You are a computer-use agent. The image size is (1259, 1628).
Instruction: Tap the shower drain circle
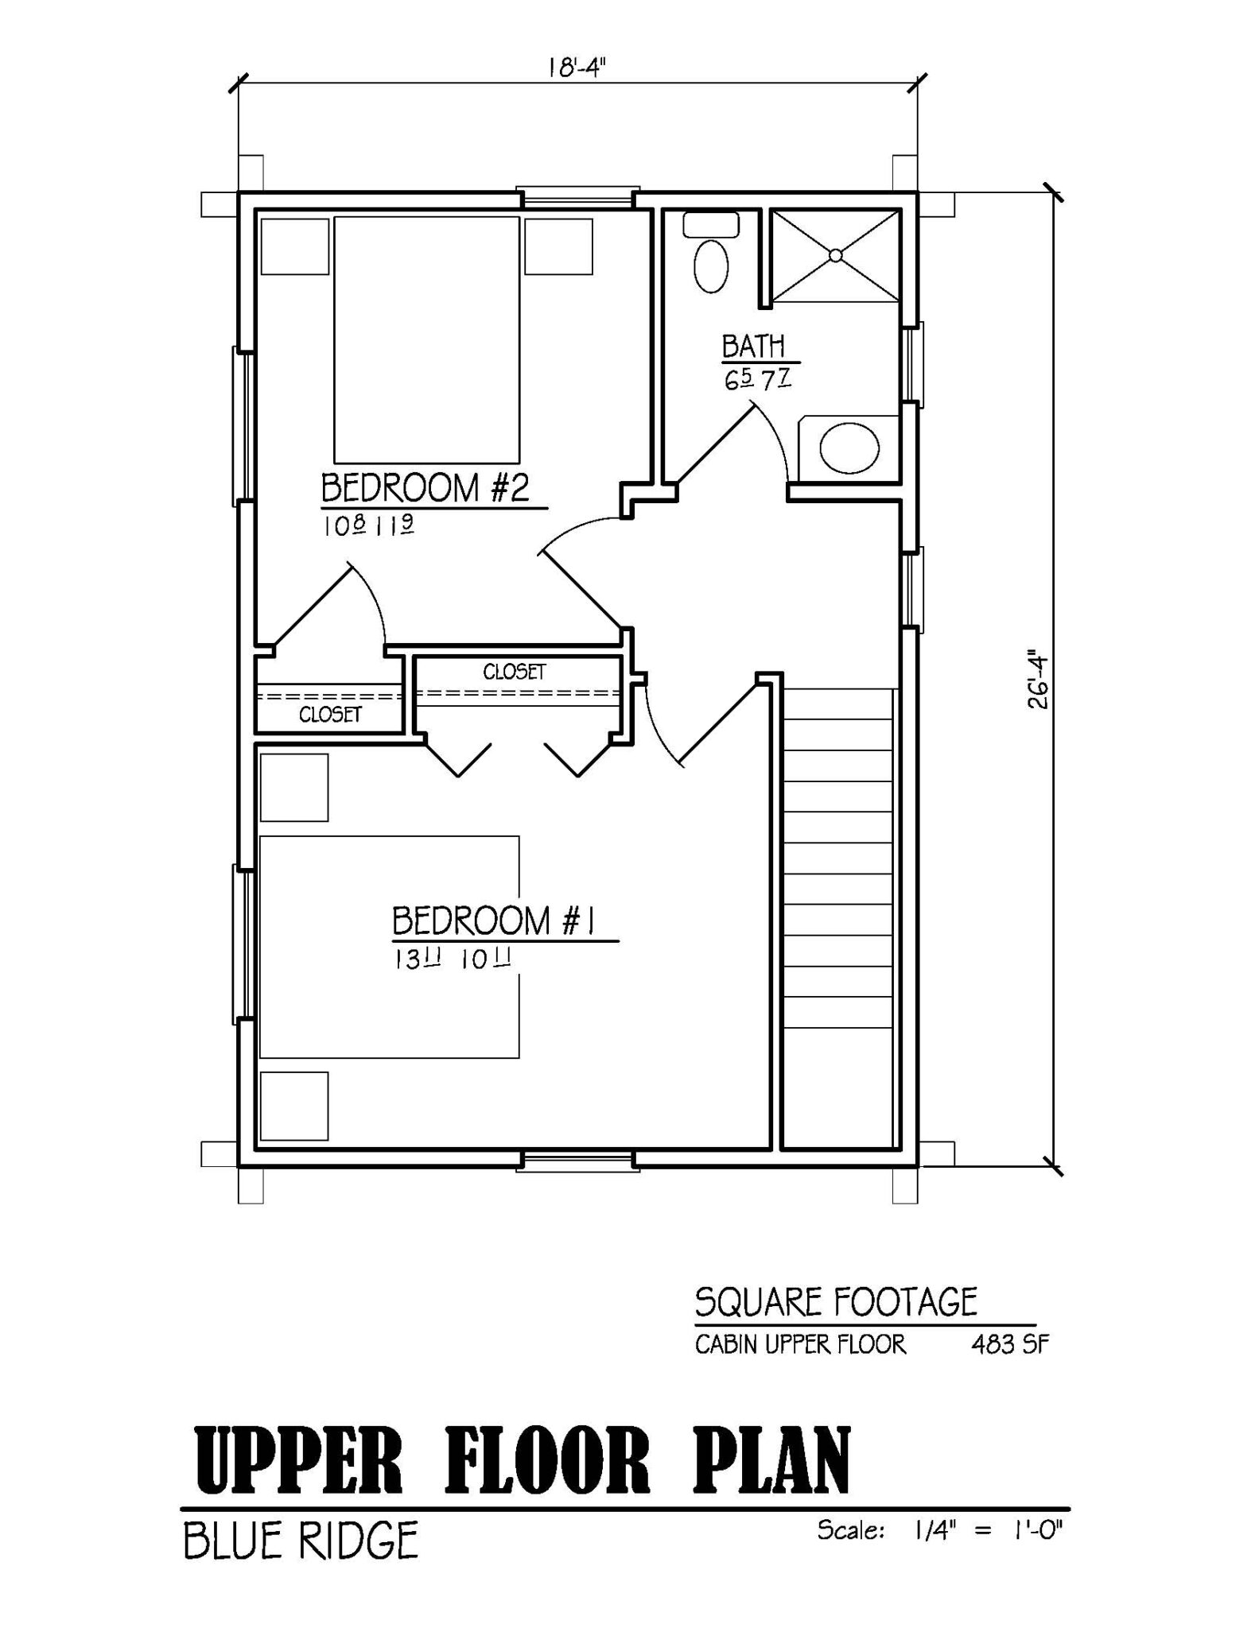(x=835, y=255)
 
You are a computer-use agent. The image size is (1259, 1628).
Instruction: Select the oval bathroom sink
(x=849, y=449)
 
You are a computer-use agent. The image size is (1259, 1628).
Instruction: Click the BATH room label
(x=753, y=347)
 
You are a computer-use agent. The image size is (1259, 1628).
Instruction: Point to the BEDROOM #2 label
(x=425, y=487)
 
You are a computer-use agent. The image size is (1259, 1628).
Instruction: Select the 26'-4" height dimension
(x=1036, y=681)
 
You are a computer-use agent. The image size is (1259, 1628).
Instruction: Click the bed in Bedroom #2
(x=426, y=339)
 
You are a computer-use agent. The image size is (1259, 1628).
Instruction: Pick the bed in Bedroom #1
(x=389, y=946)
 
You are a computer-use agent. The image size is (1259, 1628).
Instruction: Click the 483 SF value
(x=1009, y=1344)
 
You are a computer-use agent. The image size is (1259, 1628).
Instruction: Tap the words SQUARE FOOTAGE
(x=835, y=1302)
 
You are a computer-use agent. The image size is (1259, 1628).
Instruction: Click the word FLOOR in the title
(x=546, y=1462)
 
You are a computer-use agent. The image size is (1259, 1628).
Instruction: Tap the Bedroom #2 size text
(x=367, y=525)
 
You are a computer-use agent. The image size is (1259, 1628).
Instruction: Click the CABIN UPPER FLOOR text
(x=800, y=1344)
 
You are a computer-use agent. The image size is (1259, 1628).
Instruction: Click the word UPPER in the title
(x=298, y=1462)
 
